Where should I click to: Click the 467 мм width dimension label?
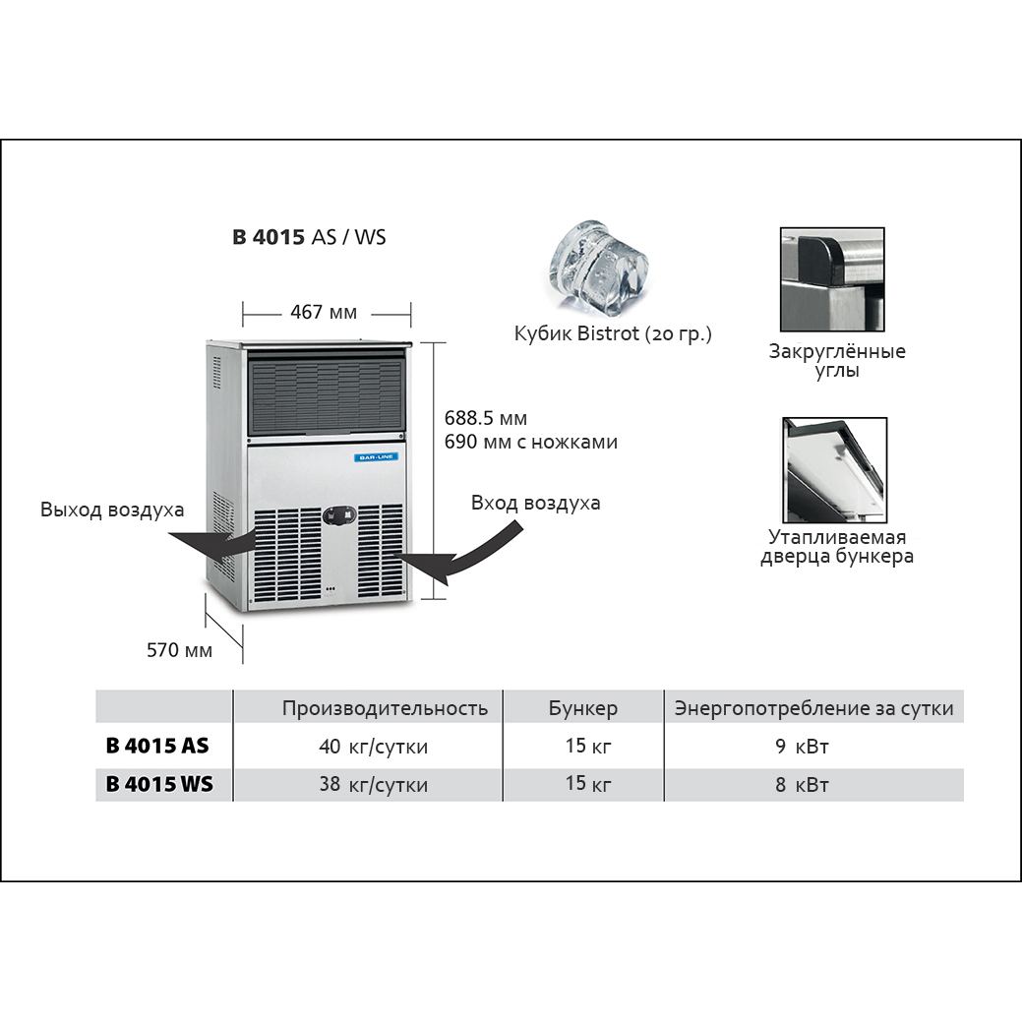pyautogui.click(x=324, y=313)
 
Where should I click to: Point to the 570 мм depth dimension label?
pyautogui.click(x=179, y=650)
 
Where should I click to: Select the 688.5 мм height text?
pyautogui.click(x=486, y=418)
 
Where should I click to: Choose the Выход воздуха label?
pyautogui.click(x=112, y=510)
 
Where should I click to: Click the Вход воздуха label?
pyautogui.click(x=535, y=503)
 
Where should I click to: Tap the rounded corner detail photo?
pyautogui.click(x=831, y=280)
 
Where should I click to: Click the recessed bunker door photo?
pyautogui.click(x=834, y=470)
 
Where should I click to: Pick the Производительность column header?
pyautogui.click(x=385, y=708)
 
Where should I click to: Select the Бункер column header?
pyautogui.click(x=583, y=708)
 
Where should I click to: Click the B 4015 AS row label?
pyautogui.click(x=157, y=746)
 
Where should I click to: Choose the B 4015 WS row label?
pyautogui.click(x=157, y=785)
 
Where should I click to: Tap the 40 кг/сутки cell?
pyautogui.click(x=374, y=747)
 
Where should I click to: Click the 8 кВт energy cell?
pyautogui.click(x=802, y=785)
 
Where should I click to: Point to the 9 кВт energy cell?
pyautogui.click(x=802, y=747)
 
